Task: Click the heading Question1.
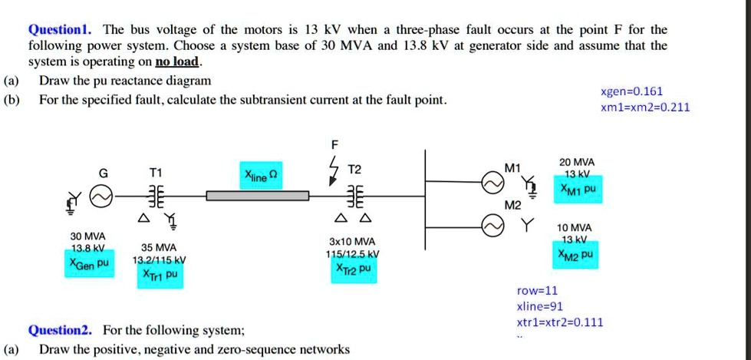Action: point(60,30)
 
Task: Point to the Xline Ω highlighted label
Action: point(262,176)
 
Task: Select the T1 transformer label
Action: point(156,173)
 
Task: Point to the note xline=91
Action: point(540,306)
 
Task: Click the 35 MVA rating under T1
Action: point(159,247)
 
